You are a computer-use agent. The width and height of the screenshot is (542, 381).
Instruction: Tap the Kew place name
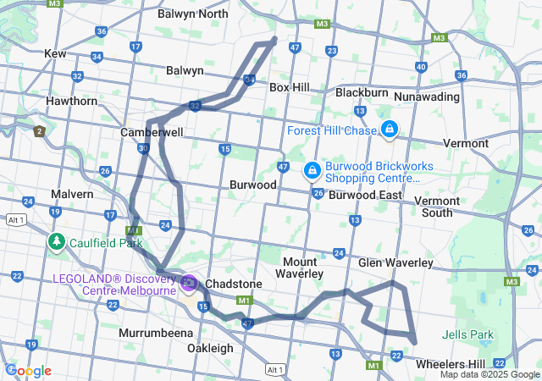55,53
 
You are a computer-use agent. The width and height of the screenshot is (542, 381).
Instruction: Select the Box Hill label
290,87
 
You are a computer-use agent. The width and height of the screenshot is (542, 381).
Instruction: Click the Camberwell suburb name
152,133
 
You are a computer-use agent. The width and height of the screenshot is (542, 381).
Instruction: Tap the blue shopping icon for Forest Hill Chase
390,130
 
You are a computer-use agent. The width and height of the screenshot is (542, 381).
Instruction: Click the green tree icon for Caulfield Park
57,242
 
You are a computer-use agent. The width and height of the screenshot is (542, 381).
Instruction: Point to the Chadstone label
235,284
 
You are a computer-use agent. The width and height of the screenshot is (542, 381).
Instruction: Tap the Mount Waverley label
301,268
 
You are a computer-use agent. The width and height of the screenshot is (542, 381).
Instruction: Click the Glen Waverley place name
395,263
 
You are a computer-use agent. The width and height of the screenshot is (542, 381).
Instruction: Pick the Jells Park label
468,334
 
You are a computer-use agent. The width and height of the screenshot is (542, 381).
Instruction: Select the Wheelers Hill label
450,363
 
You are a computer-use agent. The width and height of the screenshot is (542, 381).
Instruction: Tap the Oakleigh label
210,348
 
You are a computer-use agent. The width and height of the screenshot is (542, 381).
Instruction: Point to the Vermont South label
438,207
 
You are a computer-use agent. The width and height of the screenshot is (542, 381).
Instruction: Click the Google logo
28,371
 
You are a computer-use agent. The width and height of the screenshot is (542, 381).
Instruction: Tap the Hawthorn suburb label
72,101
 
